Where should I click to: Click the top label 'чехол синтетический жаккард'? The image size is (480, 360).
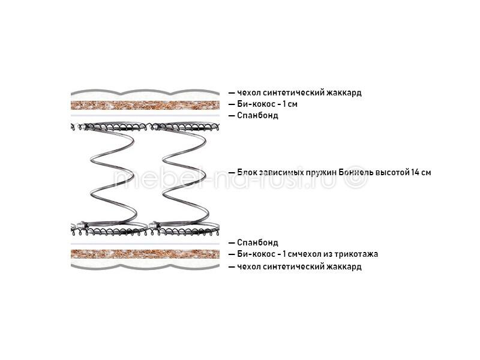[x=299, y=92]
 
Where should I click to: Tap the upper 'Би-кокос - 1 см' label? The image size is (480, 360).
[x=267, y=104]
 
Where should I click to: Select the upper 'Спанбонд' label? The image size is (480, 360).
[x=257, y=116]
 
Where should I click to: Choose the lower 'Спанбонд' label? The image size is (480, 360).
[x=257, y=243]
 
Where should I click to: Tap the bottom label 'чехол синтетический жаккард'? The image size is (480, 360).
[x=299, y=266]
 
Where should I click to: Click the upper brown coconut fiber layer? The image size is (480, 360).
[x=145, y=105]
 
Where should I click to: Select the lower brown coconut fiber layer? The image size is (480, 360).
[x=145, y=254]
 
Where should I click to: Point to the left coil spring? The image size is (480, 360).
[x=112, y=179]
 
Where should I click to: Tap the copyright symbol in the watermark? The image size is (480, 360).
[x=356, y=177]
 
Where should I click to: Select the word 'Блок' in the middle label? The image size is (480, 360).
[x=247, y=172]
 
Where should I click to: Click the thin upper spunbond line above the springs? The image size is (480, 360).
[x=145, y=116]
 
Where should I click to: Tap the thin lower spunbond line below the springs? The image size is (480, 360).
[x=145, y=244]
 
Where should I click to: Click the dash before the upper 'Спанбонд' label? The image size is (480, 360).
[x=232, y=116]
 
